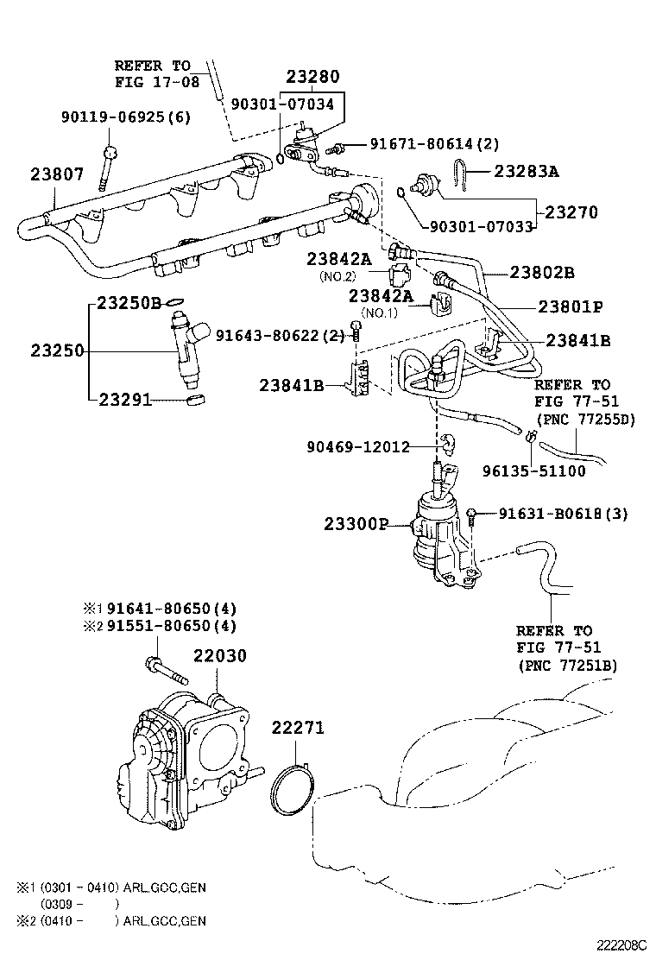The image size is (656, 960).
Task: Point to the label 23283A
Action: tap(527, 171)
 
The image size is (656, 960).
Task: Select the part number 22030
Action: tap(219, 656)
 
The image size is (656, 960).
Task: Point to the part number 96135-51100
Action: tap(534, 471)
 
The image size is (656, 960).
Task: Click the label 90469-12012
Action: tap(358, 446)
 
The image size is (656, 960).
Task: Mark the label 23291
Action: tap(125, 400)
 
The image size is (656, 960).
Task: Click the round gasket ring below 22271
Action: tap(290, 792)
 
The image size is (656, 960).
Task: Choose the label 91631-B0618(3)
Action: tap(564, 514)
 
